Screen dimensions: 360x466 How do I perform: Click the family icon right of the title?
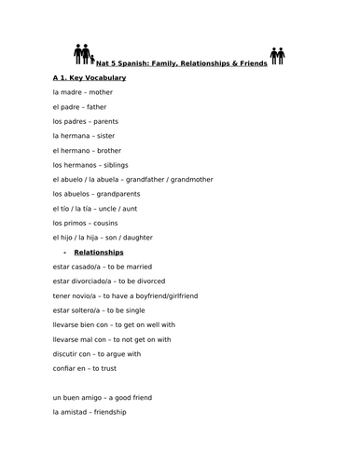point(277,55)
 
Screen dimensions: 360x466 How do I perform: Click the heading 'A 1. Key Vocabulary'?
point(90,77)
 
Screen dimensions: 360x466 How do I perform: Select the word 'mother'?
point(103,92)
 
